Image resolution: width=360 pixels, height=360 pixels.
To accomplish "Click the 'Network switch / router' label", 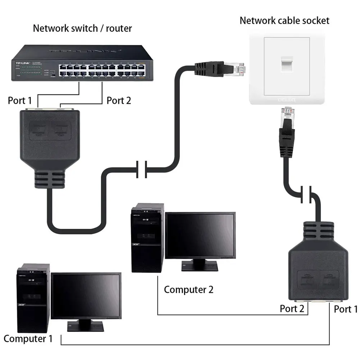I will coord(82,28).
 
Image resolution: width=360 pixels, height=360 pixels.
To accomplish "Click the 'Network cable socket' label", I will coord(284,20).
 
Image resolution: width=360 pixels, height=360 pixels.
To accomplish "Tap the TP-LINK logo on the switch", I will coord(23,64).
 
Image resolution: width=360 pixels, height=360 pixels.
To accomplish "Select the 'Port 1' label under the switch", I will coord(22,100).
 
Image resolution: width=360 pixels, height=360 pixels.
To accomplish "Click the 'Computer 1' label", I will coord(28,338).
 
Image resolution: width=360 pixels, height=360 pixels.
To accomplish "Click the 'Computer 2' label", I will coord(188,289).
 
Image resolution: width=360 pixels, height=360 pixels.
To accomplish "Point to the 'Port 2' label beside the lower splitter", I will coord(292,308).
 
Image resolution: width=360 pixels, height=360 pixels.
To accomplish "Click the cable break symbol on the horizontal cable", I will coord(141,169).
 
